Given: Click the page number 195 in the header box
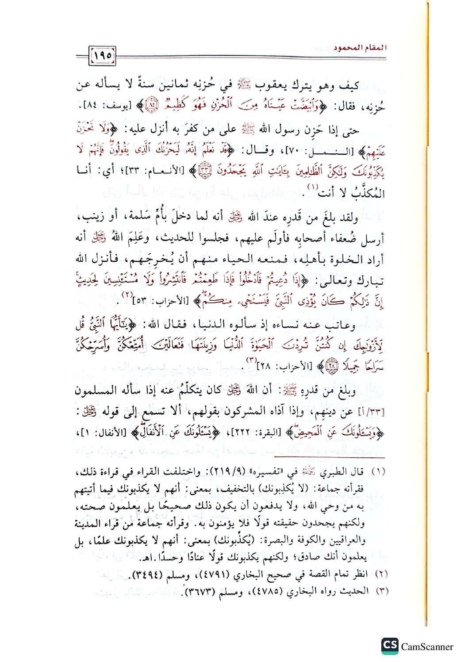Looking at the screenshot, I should pos(103,56).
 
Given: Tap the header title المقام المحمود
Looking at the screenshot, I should pos(360,47).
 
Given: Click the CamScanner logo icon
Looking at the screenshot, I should pos(390,646).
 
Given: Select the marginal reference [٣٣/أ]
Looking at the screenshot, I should pos(373,412).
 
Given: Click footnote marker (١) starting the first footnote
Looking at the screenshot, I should pos(378,472).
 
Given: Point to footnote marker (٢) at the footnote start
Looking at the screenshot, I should pos(380,574).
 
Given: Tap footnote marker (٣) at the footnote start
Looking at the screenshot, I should pos(380,590).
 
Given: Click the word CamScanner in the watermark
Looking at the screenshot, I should pos(427,647).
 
